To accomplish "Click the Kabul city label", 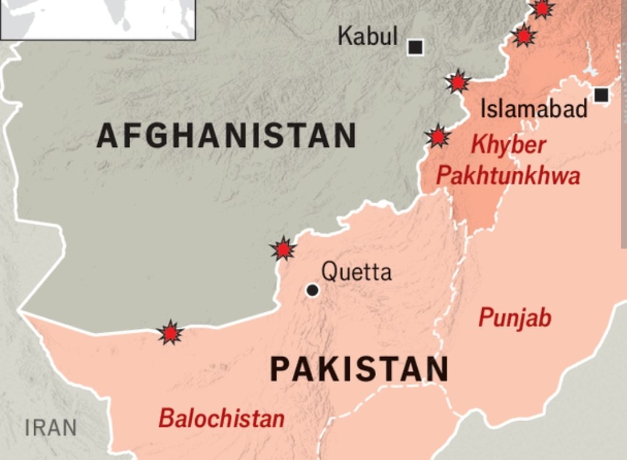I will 368,37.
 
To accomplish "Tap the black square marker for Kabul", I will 415,47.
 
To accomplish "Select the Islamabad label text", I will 534,109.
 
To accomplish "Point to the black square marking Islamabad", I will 601,95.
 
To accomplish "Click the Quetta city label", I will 357,271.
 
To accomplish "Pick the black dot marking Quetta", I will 313,290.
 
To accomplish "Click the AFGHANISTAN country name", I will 227,136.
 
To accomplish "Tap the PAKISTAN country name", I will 360,369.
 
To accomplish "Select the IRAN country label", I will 51,429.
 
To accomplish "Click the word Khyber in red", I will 508,145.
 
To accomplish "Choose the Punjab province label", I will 515,318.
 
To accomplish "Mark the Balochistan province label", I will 222,418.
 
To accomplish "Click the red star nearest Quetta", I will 283,249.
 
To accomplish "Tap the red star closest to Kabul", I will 458,82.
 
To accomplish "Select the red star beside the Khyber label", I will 438,136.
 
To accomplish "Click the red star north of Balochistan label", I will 170,333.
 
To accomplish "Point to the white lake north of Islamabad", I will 591,69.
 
